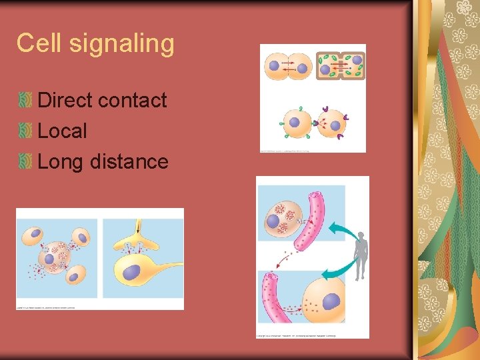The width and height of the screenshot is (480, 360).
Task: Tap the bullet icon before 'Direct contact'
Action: click(25, 100)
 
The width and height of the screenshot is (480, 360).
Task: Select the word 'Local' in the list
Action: click(62, 131)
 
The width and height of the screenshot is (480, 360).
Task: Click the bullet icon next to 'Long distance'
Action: click(25, 161)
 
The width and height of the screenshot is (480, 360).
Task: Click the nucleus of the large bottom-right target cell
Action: click(331, 301)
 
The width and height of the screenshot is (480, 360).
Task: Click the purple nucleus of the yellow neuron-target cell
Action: click(131, 272)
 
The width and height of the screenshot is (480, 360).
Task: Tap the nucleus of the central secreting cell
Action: click(49, 259)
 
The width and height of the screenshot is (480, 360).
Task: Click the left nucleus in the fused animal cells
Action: click(275, 66)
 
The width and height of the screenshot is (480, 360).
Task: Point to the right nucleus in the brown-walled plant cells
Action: click(357, 61)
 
